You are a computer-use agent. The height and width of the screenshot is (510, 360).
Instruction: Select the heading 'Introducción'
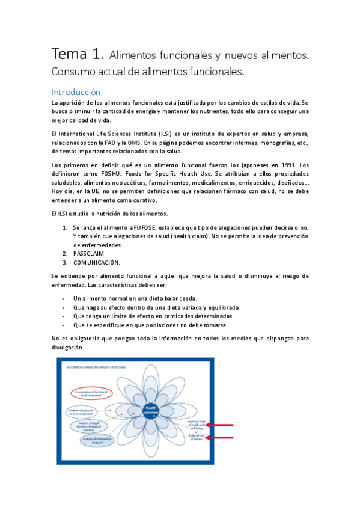click(76, 93)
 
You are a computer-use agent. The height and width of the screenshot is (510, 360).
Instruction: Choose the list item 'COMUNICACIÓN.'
click(97, 263)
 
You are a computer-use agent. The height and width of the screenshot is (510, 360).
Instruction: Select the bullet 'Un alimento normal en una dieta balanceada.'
click(135, 298)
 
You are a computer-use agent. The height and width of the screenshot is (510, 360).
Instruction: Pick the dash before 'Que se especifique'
click(64, 325)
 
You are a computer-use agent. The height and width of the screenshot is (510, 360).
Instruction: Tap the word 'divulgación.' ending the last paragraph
click(69, 348)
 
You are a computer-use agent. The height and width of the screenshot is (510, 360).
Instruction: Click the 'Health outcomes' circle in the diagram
click(150, 411)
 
